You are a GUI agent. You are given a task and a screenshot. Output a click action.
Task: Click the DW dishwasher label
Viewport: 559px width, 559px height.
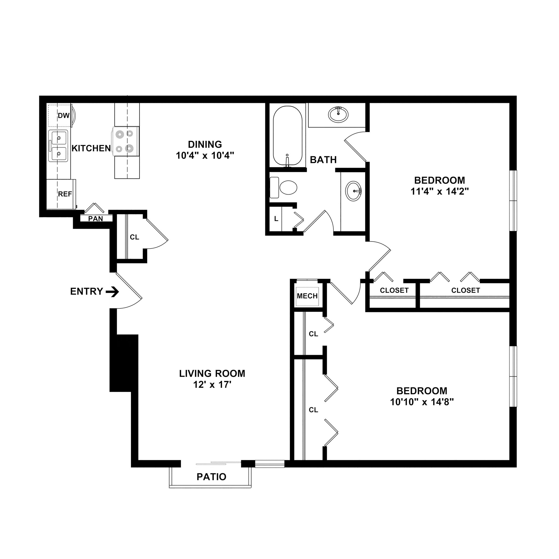click(63, 116)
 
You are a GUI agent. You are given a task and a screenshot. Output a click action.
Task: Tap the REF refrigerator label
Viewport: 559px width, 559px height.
click(65, 194)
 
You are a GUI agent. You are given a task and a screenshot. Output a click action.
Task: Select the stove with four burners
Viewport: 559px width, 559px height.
click(125, 141)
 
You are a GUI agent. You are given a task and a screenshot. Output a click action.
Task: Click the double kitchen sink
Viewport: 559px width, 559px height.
click(58, 146)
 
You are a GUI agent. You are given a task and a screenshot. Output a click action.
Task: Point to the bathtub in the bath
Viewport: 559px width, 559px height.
click(288, 136)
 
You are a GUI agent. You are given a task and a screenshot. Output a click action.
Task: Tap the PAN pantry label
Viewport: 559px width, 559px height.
click(96, 219)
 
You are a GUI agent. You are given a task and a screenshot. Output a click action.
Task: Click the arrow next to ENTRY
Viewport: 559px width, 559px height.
click(112, 292)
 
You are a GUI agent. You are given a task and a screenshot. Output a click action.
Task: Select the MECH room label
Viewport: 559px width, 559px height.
click(307, 296)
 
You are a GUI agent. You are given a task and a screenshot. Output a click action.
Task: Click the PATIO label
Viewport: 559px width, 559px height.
click(211, 477)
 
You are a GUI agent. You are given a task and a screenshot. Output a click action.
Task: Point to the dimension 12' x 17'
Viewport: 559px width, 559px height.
click(212, 385)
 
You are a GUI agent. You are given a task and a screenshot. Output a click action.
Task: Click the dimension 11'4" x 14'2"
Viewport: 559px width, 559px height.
click(439, 192)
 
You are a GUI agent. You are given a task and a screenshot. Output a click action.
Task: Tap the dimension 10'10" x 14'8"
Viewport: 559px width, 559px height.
click(421, 402)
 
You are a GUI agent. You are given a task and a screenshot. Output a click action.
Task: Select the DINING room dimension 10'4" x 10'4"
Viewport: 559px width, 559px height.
click(205, 156)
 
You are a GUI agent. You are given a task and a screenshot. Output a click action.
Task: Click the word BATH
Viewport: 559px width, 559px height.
click(323, 160)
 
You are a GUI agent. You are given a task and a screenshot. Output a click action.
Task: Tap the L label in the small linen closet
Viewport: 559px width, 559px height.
click(276, 219)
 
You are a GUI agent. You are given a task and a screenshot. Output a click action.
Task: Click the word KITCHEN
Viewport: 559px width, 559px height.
click(91, 148)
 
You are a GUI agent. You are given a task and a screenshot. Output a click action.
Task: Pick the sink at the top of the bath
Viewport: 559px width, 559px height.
click(338, 114)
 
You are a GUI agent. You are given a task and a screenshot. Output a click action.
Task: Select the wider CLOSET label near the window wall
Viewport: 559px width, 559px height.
click(465, 290)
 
